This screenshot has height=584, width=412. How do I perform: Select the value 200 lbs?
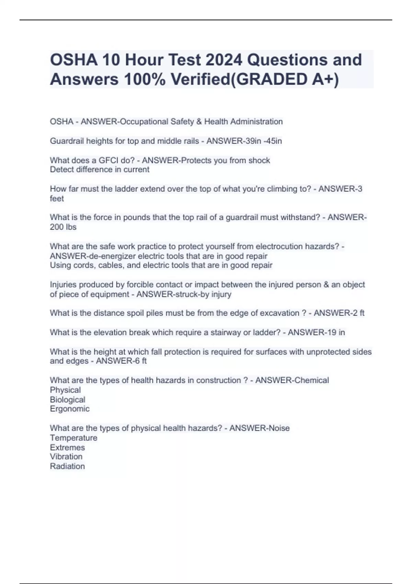tap(63, 227)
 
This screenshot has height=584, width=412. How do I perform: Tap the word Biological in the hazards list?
tap(68, 400)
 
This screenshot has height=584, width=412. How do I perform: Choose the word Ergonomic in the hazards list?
tap(70, 409)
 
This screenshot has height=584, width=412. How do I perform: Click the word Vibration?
tap(66, 457)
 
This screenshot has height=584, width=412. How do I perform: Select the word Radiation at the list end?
tap(67, 466)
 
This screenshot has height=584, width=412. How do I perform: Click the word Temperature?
tap(73, 438)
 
